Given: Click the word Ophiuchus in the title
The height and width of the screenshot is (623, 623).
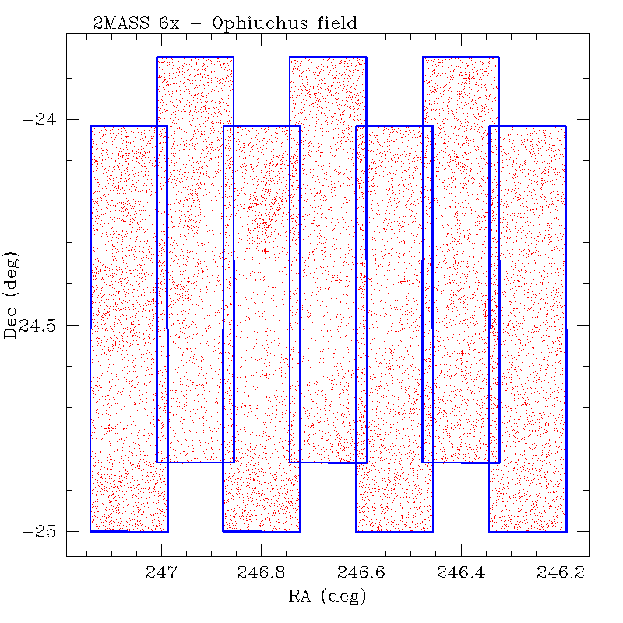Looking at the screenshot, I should point(266,23).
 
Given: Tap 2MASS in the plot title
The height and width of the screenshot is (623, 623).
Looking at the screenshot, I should point(118,23).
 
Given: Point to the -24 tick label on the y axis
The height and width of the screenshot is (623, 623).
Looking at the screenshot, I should point(40,120).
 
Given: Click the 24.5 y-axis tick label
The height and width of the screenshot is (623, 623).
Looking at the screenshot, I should point(44,326).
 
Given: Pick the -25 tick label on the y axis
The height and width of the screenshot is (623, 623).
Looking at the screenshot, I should point(40,532).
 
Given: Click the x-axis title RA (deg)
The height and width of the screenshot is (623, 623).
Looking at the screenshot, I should point(326,597).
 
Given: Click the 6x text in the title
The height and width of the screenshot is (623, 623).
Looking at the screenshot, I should point(171,23).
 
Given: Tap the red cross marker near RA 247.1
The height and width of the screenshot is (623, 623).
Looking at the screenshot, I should point(109,428).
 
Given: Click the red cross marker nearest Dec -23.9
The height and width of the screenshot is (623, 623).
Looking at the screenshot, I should point(467,77).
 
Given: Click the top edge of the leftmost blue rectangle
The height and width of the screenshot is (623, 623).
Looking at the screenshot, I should point(128,125).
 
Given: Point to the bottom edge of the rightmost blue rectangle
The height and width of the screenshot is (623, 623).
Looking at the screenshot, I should point(527,531).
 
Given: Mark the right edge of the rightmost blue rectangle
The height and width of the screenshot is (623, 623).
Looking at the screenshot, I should point(566,327).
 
